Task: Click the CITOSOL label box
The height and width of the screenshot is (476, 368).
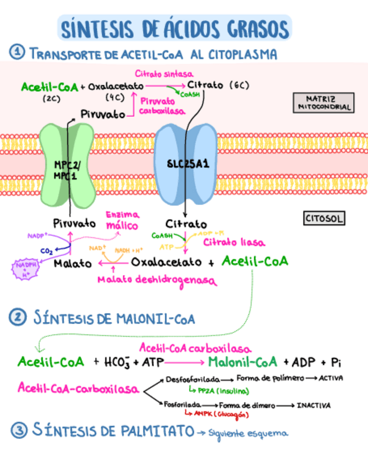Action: pos(323,219)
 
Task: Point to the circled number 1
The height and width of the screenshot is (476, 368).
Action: pos(17,53)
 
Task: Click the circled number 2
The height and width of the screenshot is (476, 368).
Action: pos(17,318)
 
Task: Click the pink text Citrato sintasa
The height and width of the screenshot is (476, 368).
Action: pos(164,74)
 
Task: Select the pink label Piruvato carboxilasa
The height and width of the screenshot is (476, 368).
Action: pos(163,106)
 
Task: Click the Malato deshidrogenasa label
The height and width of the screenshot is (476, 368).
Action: pos(157,279)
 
